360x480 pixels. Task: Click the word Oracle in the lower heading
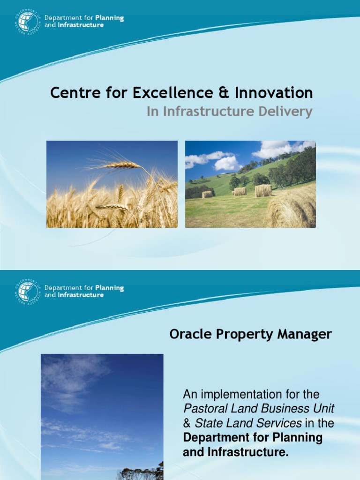187,334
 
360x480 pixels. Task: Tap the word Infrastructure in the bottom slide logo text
80,295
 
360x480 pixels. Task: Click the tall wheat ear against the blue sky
122,165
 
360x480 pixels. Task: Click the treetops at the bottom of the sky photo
141,472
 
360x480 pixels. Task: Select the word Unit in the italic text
325,408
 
